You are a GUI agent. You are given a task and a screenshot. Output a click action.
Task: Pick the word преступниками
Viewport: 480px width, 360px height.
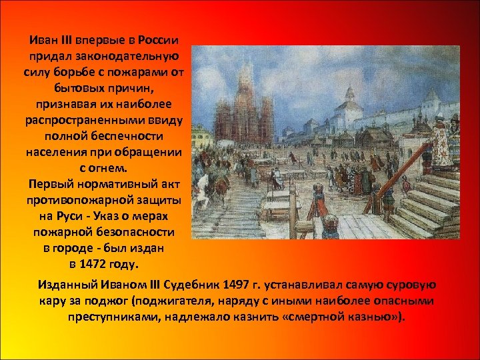coord(109,316)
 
